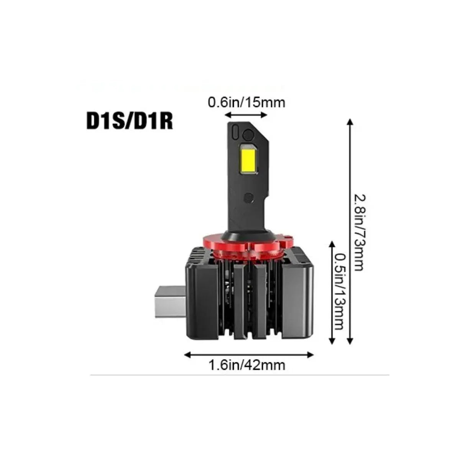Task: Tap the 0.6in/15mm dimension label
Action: click(x=246, y=102)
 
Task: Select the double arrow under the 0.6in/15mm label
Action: click(x=246, y=115)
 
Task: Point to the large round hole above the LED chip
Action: click(x=248, y=135)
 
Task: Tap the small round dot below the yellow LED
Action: click(x=248, y=198)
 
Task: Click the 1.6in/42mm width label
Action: click(x=247, y=365)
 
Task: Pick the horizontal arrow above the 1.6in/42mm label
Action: click(x=249, y=355)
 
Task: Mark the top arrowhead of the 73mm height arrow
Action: click(x=349, y=122)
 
